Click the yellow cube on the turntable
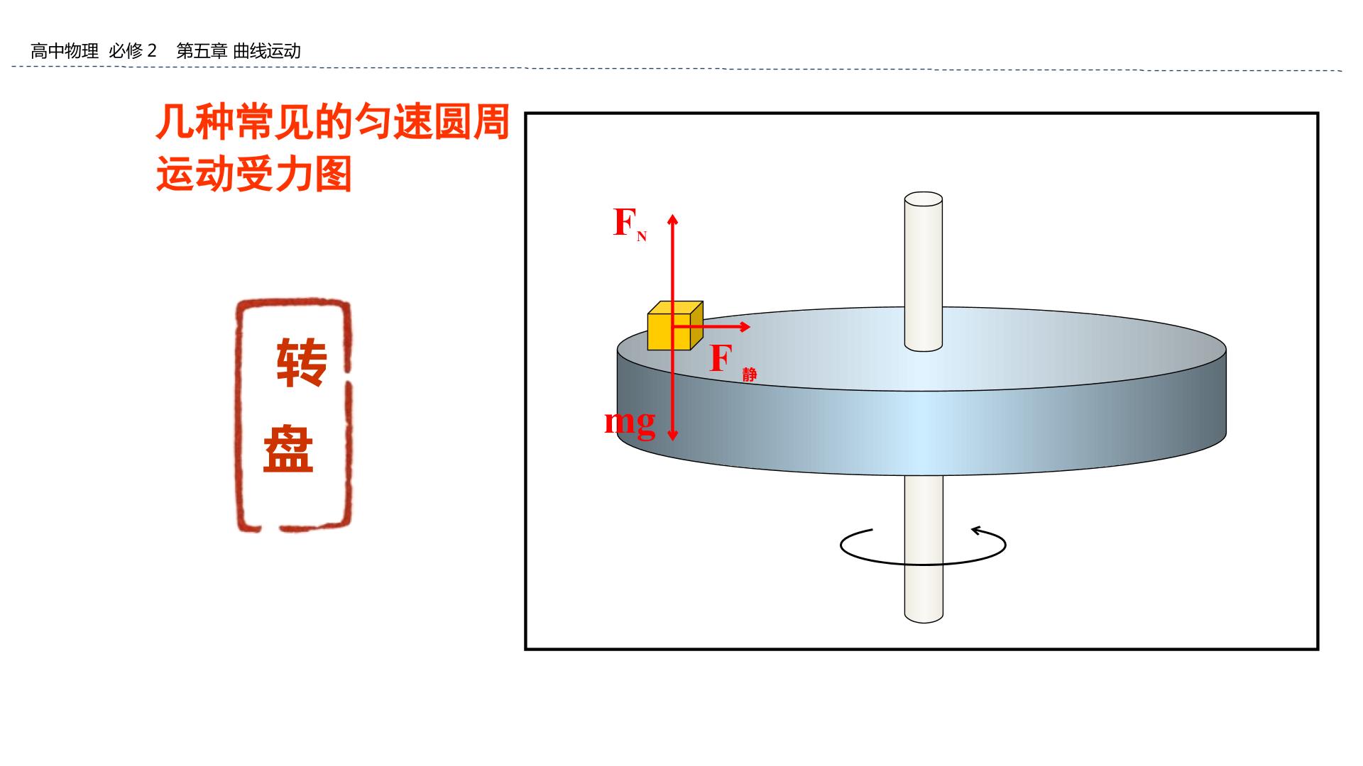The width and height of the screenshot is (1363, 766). (675, 326)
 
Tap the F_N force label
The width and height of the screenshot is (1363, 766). (630, 223)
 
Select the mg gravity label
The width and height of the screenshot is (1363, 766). (630, 423)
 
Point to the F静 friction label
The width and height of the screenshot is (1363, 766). (733, 362)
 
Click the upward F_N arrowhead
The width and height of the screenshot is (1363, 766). (673, 219)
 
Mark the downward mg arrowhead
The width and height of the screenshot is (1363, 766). (673, 433)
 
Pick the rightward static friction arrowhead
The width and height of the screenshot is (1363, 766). (744, 326)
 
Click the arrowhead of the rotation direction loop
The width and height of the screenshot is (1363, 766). (978, 530)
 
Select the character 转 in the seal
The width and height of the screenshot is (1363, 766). (301, 362)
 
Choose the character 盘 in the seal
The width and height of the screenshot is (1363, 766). (289, 449)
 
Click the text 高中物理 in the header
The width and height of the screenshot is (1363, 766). (65, 51)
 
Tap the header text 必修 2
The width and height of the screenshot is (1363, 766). (133, 51)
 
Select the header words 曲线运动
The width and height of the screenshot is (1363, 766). (267, 51)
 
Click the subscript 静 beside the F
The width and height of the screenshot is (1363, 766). (750, 374)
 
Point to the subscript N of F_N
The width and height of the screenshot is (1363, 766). (642, 237)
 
